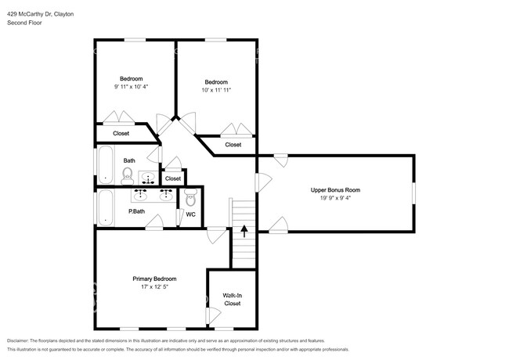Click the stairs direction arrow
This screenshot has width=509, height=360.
(244, 231)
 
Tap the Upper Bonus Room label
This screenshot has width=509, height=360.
(334, 190)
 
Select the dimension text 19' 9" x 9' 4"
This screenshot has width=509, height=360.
(334, 198)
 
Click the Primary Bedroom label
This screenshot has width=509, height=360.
(153, 279)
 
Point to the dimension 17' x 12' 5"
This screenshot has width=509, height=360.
(153, 287)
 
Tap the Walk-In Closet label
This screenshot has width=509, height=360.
(233, 298)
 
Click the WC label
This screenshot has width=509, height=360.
(190, 214)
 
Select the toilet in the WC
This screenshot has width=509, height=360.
(190, 196)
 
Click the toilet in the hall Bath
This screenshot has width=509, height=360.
(128, 175)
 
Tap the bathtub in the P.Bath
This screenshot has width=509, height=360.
(105, 209)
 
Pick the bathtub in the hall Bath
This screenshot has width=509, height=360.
(105, 165)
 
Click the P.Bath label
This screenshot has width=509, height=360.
(136, 211)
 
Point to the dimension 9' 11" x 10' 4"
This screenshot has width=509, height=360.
(131, 86)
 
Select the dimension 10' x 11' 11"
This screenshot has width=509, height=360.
(216, 91)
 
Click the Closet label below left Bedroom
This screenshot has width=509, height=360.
(121, 133)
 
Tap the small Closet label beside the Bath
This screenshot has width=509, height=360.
(173, 179)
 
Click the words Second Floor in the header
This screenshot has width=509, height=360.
(24, 23)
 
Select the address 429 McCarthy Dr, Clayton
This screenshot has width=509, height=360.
(41, 13)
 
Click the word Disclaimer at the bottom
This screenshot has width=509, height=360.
(21, 340)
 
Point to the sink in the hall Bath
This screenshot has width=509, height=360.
(148, 179)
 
